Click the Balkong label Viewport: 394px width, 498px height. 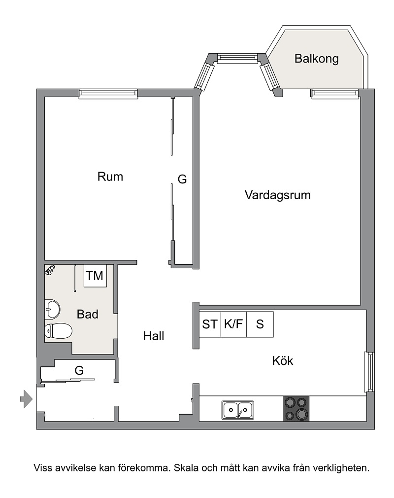pyautogui.click(x=316, y=59)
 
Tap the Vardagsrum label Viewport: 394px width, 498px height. pyautogui.click(x=278, y=195)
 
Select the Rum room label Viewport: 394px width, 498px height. pyautogui.click(x=110, y=177)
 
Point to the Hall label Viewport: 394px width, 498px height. pyautogui.click(x=154, y=336)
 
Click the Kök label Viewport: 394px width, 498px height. pyautogui.click(x=283, y=361)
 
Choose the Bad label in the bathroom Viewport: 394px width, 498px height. pyautogui.click(x=88, y=315)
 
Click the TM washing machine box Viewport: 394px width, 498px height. pyautogui.click(x=95, y=276)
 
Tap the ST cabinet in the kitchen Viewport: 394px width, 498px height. pyautogui.click(x=210, y=324)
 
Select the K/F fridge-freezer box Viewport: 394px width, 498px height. pyautogui.click(x=233, y=324)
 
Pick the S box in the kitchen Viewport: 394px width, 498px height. pyautogui.click(x=260, y=324)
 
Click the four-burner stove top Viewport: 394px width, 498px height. pyautogui.click(x=296, y=408)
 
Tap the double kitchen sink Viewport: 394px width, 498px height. pyautogui.click(x=237, y=410)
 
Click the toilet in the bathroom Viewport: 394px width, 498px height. pyautogui.click(x=58, y=331)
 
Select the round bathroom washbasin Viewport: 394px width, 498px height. pyautogui.click(x=52, y=309)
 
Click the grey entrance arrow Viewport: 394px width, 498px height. pyautogui.click(x=26, y=399)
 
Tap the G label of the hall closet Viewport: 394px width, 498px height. pyautogui.click(x=79, y=370)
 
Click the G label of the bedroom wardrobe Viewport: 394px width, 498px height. pyautogui.click(x=182, y=179)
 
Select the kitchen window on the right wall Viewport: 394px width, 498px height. pyautogui.click(x=369, y=372)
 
